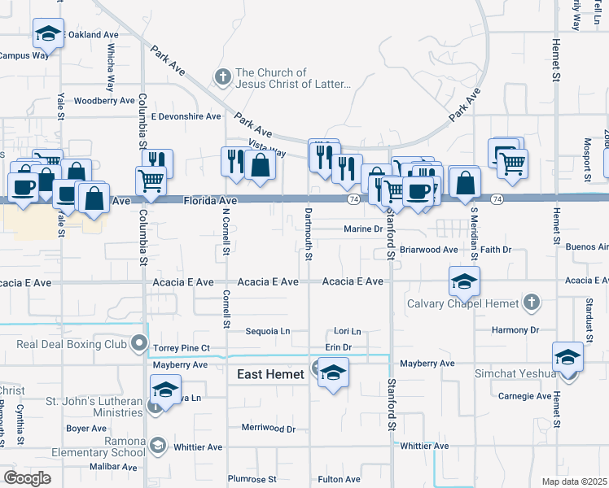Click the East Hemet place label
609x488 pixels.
point(269,374)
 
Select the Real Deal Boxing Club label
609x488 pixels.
point(72,344)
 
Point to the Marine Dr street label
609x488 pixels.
point(362,229)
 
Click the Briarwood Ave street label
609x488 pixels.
point(429,250)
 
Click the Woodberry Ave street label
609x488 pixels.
point(103,101)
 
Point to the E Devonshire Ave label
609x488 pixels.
point(186,116)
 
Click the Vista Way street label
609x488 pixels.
point(267,148)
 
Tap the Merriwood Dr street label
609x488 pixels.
point(268,428)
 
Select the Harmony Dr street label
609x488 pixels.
point(515,330)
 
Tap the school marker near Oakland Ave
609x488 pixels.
point(48,34)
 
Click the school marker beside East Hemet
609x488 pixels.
point(332,373)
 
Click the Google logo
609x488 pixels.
point(27,477)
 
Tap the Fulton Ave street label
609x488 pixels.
point(339,479)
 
